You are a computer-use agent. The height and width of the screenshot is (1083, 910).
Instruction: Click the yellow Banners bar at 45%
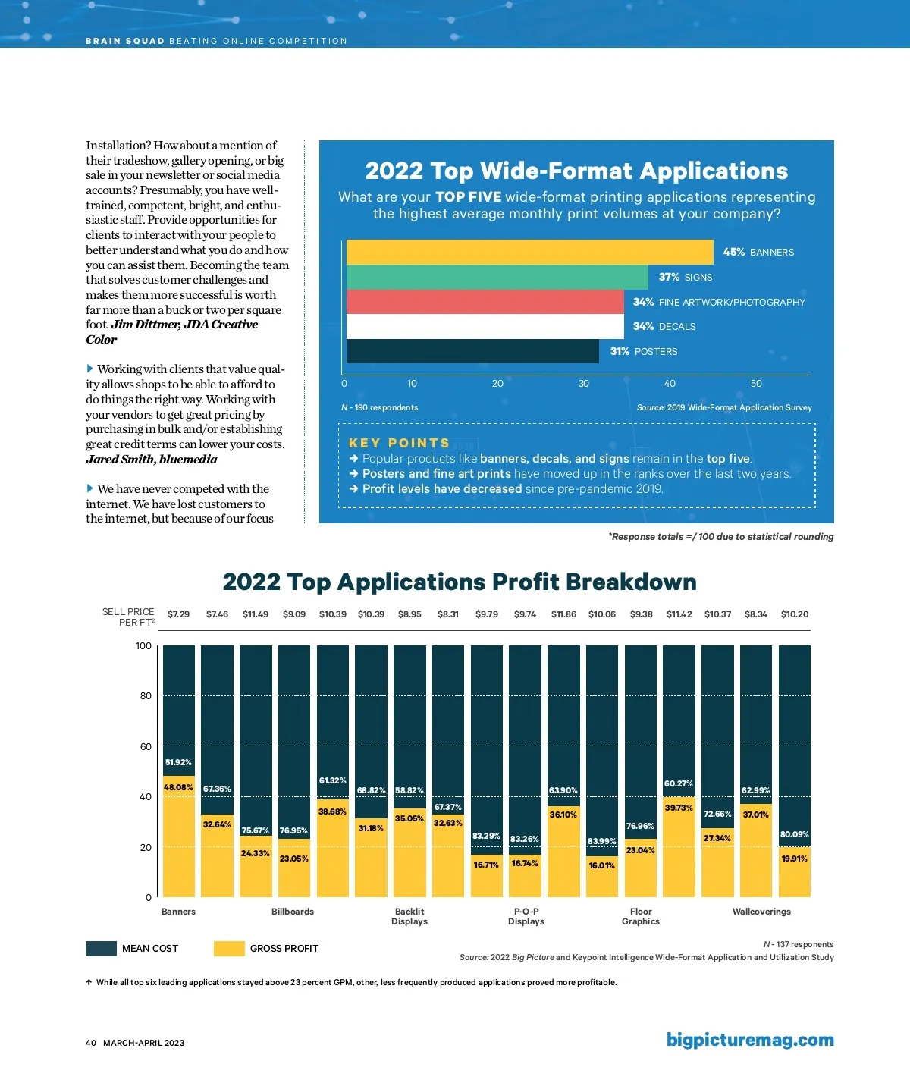529,252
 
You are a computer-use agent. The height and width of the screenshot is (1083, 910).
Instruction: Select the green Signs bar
497,277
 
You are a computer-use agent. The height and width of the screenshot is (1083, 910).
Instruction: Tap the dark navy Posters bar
472,351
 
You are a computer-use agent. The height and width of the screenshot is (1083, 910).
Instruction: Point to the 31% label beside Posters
620,351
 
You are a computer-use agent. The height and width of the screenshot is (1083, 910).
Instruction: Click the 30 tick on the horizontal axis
583,384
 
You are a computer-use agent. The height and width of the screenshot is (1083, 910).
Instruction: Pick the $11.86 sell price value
563,614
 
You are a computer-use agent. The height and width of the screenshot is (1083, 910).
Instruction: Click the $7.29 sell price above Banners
178,614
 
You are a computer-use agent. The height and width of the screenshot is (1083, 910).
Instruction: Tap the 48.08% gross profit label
178,787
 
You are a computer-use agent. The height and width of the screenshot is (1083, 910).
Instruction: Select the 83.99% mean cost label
602,841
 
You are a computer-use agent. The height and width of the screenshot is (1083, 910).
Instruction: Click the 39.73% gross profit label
679,808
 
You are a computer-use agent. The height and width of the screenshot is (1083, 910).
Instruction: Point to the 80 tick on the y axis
146,695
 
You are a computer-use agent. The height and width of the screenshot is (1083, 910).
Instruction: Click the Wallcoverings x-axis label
761,912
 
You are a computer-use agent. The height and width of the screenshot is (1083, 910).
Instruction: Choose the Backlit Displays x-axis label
409,916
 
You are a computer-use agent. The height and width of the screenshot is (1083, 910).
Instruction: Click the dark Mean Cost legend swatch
101,948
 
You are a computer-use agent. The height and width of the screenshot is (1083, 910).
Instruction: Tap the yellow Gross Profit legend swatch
229,948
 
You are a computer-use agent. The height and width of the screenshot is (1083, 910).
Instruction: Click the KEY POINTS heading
399,443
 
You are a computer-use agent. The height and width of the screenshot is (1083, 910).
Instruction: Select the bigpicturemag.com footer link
750,1040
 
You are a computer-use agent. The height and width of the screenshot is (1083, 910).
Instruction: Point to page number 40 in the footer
91,1043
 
